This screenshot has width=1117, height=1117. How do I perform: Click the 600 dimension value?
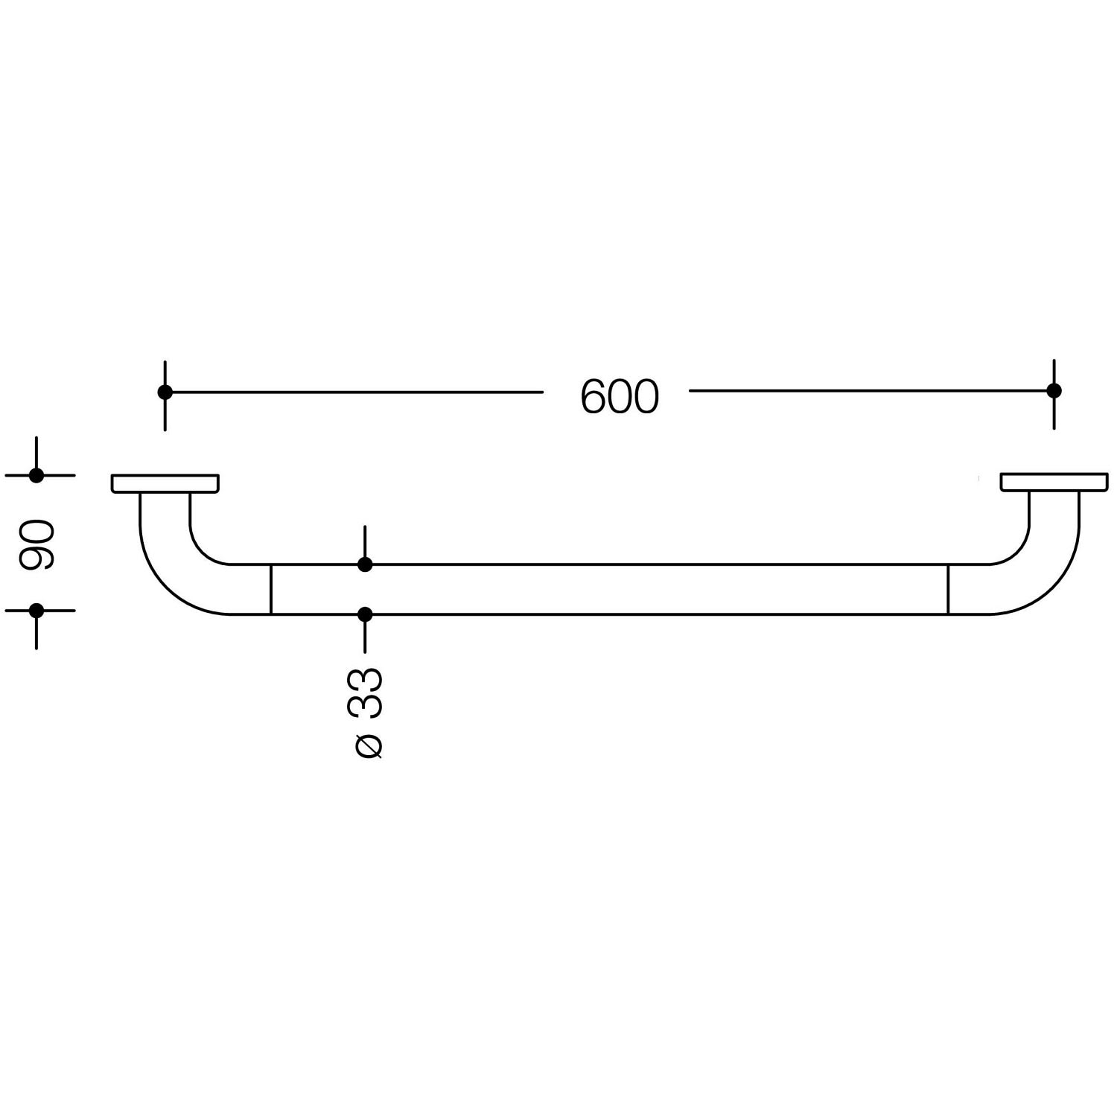coord(620,396)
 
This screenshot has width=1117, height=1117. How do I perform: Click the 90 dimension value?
coord(36,545)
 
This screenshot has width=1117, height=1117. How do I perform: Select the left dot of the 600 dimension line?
coord(165,392)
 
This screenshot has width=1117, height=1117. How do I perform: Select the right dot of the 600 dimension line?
coord(1054,390)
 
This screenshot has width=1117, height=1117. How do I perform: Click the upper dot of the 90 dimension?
coord(36,475)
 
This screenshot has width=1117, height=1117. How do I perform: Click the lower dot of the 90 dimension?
coord(36,611)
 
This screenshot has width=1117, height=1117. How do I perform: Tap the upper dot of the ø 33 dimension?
coord(365,564)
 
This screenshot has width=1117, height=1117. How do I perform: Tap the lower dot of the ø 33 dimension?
coord(365,614)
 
